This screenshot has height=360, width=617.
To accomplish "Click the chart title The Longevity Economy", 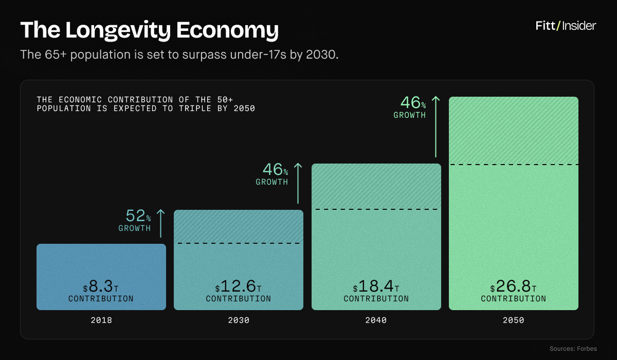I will pos(149,30).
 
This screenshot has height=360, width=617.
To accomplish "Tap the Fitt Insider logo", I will pos(566,26).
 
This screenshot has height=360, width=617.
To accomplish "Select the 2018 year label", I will pos(101,320).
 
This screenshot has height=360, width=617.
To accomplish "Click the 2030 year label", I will pos(239,320).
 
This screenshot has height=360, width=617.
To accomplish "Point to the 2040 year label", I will pos(376,320).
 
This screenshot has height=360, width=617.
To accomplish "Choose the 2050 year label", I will pos(514,320).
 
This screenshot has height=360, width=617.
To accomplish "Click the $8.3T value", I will pos(101,287).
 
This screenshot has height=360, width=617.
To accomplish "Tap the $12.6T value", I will pos(239,287).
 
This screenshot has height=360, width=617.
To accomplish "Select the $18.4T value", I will pos(376,287).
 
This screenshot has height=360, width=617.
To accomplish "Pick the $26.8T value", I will pos(514,287).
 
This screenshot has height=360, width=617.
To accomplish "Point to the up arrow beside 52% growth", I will pos(160,223).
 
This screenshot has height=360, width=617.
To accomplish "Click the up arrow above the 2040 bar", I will pos(298,183).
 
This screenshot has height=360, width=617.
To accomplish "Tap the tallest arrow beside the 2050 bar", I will pos(435,126).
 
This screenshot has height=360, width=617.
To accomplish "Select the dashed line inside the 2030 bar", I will pos(239,243).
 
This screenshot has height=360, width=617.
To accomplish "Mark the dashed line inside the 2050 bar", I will pos(514,165).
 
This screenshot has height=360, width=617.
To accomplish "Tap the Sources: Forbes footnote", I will pos(573,349).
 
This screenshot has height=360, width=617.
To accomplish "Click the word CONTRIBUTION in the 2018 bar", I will pos(101,299).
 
